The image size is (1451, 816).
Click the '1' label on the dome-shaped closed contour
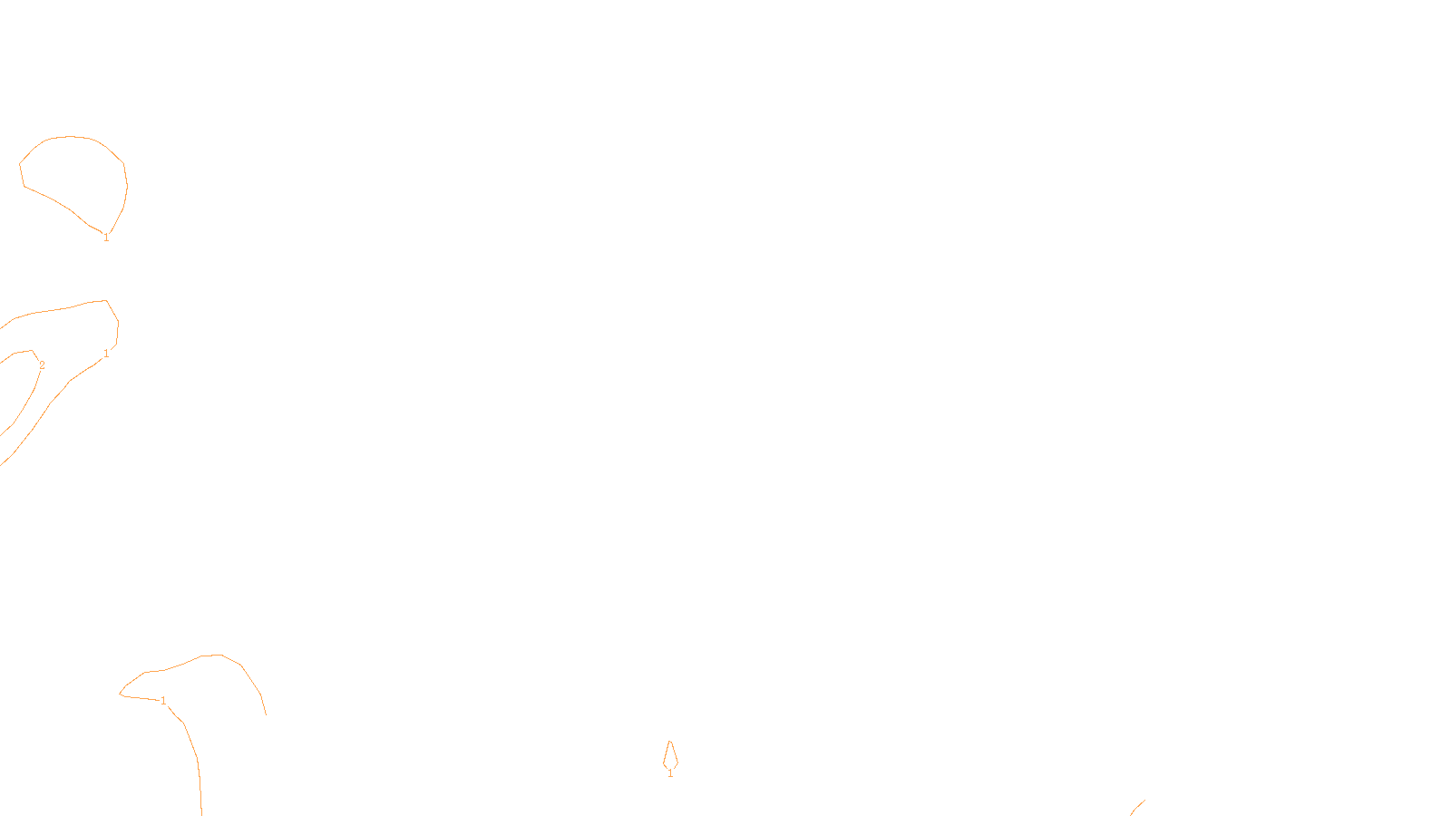pos(106,238)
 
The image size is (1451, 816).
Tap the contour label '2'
pos(42,365)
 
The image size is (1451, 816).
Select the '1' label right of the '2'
pos(106,354)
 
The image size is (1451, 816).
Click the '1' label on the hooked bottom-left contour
pos(163,701)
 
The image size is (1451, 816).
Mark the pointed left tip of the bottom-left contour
pos(121,695)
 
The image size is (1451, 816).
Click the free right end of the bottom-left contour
pos(266,714)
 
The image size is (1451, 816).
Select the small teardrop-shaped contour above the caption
pos(670,755)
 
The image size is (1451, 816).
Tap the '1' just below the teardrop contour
pos(670,773)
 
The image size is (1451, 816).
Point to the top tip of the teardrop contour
pos(670,742)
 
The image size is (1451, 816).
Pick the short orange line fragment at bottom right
pos(1137,807)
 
